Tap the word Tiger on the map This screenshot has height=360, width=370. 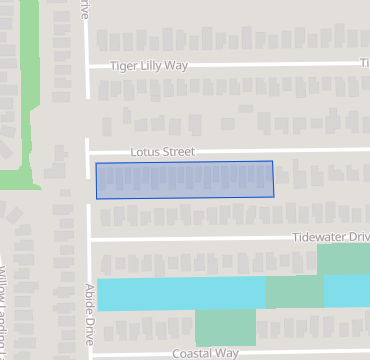click(x=125, y=66)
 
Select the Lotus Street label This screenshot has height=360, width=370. click(x=162, y=152)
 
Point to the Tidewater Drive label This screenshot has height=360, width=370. click(x=331, y=238)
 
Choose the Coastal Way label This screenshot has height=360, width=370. click(x=205, y=353)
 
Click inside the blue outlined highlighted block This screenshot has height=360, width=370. click(x=185, y=179)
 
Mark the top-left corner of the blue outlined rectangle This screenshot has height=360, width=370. click(x=96, y=163)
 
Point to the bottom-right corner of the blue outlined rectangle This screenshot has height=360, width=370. click(x=274, y=196)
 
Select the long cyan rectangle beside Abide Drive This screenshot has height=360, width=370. click(x=181, y=294)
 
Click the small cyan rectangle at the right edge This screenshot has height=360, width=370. click(x=347, y=291)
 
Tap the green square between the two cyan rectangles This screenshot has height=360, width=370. click(x=295, y=292)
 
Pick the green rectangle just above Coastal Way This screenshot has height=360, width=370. click(x=225, y=327)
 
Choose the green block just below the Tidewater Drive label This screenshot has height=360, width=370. click(x=343, y=259)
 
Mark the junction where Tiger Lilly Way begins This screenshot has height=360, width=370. click(x=87, y=67)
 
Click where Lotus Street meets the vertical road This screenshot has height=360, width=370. click(x=87, y=152)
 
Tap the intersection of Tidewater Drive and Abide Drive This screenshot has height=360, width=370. click(x=90, y=239)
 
